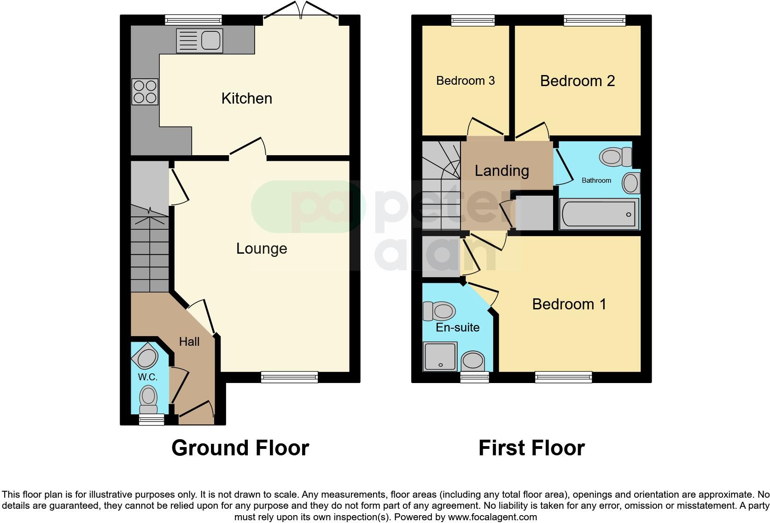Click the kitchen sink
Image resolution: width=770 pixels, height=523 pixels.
click(199, 41)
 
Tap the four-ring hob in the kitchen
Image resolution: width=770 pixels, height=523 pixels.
click(145, 92)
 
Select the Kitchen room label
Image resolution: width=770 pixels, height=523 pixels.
click(246, 99)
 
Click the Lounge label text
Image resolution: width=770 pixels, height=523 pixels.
click(262, 249)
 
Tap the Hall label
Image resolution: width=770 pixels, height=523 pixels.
click(189, 342)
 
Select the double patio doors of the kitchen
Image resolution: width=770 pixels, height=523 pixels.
click(301, 12)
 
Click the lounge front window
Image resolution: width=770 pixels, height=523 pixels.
click(289, 377)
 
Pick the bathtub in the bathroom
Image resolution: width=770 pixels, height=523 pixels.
click(599, 214)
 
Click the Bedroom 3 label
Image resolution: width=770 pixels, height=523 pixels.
click(465, 81)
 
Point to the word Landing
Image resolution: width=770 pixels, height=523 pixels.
click(502, 171)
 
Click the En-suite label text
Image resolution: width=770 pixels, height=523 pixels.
click(457, 327)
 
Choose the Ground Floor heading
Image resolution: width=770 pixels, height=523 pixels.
click(240, 447)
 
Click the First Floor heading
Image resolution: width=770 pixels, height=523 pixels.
click(531, 447)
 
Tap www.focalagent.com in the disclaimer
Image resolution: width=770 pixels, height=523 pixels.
click(492, 517)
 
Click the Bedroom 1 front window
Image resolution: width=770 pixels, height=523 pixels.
click(563, 378)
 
